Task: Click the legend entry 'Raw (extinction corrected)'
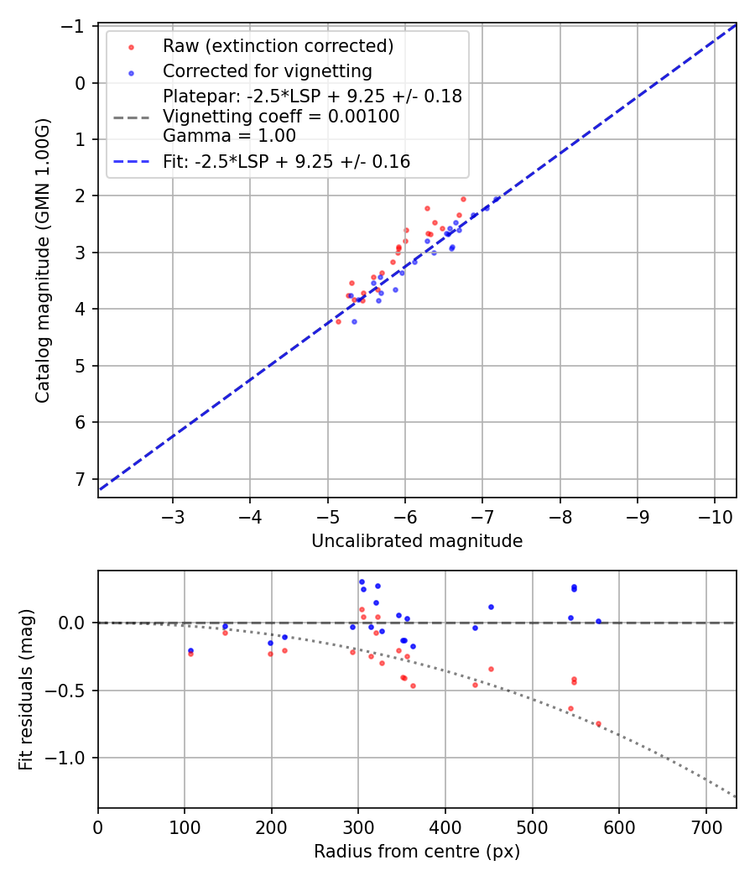278,46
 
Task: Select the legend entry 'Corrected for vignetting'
267,70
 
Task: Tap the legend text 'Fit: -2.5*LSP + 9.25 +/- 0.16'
286,162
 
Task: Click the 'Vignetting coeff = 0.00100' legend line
281,117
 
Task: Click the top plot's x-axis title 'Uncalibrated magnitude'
417,541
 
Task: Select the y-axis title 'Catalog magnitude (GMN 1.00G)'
43,260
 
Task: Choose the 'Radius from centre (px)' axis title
417,852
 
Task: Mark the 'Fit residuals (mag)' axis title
26,690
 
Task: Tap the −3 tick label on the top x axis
174,515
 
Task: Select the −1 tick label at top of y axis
76,27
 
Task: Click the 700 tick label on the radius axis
706,826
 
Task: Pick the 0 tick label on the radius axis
98,826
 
